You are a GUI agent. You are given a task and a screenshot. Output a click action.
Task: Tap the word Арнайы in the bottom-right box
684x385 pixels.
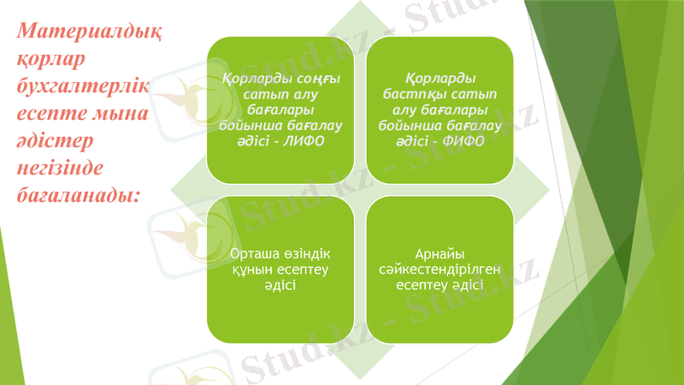click(x=439, y=255)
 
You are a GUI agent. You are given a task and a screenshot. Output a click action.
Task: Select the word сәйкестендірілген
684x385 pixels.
click(x=439, y=269)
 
